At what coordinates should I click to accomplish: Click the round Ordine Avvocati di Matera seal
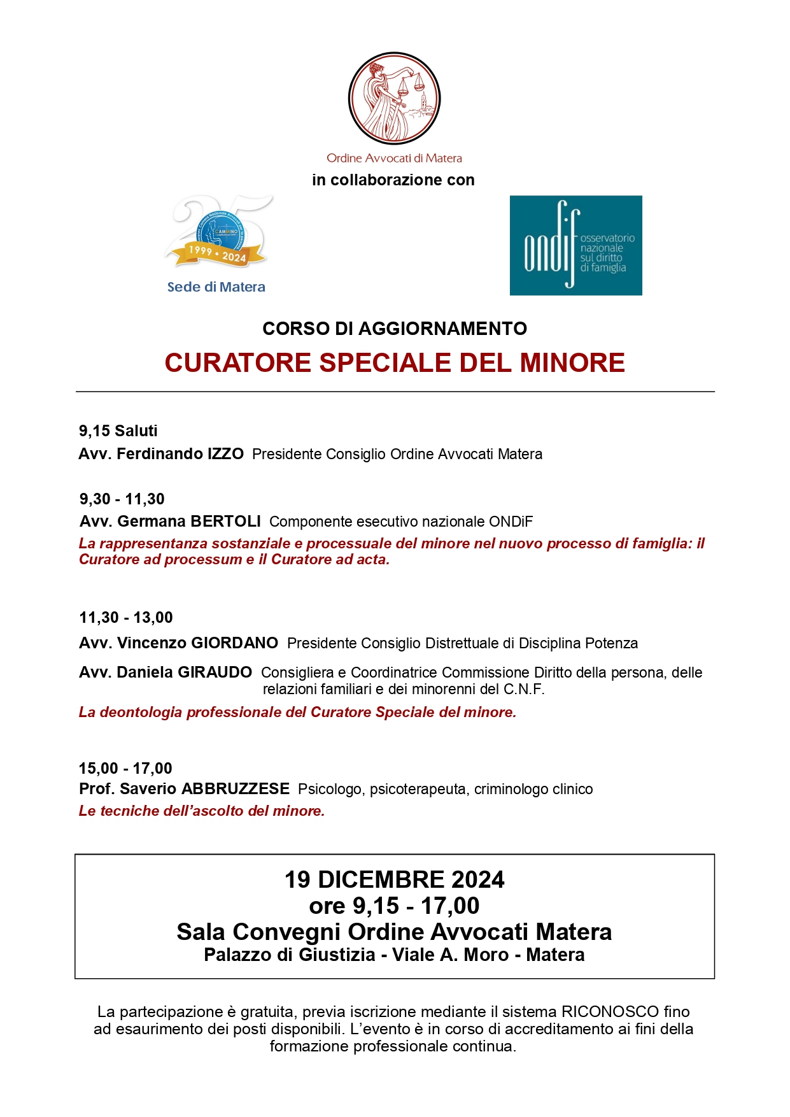[394, 99]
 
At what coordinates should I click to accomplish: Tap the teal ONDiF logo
[575, 245]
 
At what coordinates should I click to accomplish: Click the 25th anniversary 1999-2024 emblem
[218, 232]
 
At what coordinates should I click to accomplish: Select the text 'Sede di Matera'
[216, 287]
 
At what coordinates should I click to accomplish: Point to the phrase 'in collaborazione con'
[393, 180]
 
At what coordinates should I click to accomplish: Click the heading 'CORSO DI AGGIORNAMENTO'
[395, 329]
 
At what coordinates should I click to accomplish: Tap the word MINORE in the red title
[572, 363]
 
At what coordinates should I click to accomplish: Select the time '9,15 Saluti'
[118, 431]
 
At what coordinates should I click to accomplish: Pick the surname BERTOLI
[225, 522]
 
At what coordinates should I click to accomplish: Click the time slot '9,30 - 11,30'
[122, 499]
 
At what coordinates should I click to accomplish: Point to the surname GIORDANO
[234, 643]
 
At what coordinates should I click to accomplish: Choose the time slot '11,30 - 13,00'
[125, 618]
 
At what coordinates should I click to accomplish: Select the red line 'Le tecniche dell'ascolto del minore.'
[202, 811]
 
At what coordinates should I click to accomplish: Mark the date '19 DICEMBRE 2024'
[394, 879]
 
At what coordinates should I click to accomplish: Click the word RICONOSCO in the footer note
[610, 1012]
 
